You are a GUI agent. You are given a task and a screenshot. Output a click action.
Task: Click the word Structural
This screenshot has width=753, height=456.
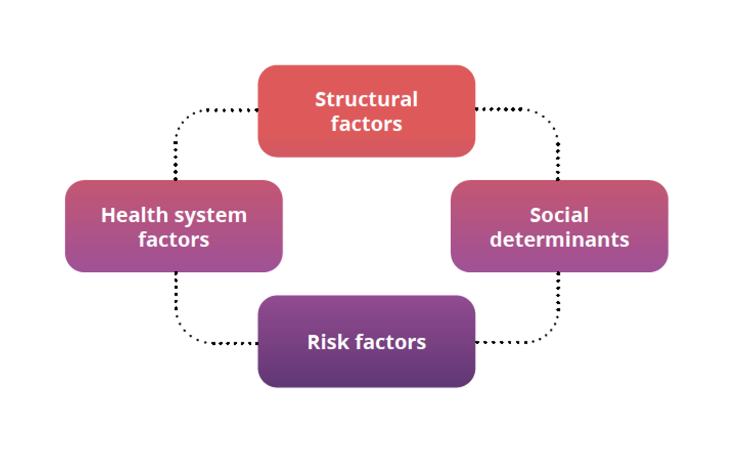pos(366,99)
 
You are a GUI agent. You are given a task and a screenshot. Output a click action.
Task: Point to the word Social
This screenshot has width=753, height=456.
pos(559,215)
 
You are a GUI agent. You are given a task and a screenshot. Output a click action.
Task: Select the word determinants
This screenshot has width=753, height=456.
pos(559,240)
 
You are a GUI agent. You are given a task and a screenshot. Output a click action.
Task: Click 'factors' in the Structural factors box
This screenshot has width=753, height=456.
pos(366,124)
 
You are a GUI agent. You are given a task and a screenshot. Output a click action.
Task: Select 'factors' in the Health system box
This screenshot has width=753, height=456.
pos(173,240)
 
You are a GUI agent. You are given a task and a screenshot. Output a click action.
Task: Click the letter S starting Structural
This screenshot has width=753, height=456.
pos(320,99)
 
